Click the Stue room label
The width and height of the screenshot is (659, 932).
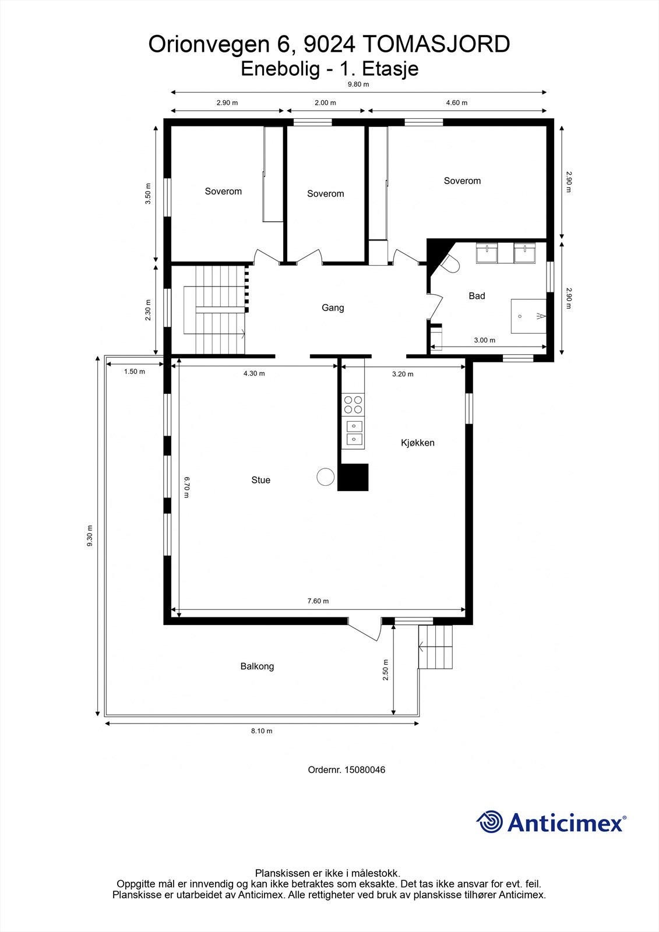tap(260, 480)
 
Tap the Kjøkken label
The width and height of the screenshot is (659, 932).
tap(417, 443)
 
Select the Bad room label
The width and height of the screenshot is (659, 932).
tap(477, 296)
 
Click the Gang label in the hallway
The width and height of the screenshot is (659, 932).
tap(333, 308)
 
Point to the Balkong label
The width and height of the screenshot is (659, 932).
tap(257, 666)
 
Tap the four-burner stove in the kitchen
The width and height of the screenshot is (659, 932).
tap(353, 404)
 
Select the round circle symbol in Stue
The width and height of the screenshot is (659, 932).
tap(325, 477)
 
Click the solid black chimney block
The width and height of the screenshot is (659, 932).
tap(354, 477)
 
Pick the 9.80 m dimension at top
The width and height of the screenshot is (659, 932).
tap(358, 84)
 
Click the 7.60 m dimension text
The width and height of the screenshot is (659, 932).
tap(318, 601)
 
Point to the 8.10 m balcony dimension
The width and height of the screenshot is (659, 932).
tap(262, 731)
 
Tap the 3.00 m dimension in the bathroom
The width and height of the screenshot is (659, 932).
tap(484, 340)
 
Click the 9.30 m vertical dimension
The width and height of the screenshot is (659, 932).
tap(89, 536)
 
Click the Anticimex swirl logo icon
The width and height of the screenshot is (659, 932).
tap(489, 822)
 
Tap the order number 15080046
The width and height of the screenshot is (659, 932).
tap(365, 769)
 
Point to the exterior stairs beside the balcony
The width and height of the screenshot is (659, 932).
tap(436, 647)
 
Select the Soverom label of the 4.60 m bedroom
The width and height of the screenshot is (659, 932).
tap(462, 181)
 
